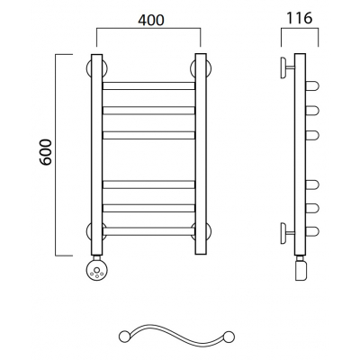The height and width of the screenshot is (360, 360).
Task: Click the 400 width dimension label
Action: coord(151,20)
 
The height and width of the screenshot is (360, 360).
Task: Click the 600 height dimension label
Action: coord(46,152)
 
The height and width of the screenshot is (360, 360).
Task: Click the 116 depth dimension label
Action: coord(300,18)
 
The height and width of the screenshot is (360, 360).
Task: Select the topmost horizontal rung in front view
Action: coord(148,85)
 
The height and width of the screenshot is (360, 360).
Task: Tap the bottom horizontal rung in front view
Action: coord(148,231)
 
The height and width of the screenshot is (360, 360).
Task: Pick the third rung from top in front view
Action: coord(148,135)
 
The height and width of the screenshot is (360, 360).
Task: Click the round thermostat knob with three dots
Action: coord(96,270)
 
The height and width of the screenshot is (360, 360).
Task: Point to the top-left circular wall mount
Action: coord(89,68)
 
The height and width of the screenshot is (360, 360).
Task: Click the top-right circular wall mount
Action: coord(209,68)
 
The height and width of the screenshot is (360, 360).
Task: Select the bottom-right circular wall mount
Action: coord(209,231)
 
